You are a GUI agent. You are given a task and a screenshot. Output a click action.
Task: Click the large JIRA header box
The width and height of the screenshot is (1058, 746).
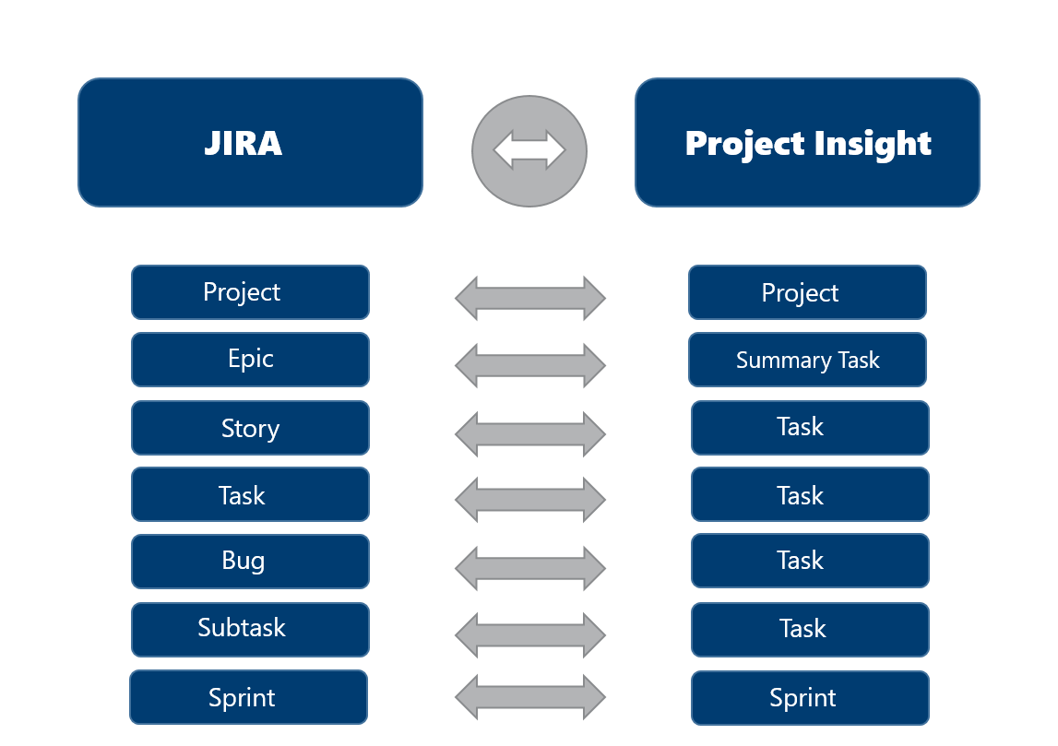point(250,142)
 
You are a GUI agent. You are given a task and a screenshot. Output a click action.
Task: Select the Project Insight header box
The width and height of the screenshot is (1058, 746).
point(807,142)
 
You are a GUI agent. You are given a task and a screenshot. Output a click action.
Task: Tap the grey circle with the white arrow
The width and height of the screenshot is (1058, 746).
point(529,150)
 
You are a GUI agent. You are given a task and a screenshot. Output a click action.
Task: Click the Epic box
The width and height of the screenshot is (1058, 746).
point(250,360)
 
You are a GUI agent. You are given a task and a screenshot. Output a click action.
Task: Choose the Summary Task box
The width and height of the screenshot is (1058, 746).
point(807,360)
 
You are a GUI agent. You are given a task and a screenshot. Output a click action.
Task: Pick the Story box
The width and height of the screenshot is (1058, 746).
point(250,428)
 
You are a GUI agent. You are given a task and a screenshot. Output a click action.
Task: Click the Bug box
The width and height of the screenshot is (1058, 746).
point(250,562)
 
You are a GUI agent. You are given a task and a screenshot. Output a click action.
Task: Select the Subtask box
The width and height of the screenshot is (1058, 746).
point(250,630)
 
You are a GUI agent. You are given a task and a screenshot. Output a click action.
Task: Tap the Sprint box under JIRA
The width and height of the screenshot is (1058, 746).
point(248,697)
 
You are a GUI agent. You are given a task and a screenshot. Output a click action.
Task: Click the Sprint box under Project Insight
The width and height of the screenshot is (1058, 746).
point(810,698)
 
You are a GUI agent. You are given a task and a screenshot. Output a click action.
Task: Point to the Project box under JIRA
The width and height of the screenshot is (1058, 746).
point(250,292)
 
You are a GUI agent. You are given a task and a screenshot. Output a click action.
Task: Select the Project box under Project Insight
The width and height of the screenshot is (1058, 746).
point(807,292)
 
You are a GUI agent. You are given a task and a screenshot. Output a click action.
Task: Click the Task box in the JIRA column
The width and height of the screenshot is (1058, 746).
point(250,494)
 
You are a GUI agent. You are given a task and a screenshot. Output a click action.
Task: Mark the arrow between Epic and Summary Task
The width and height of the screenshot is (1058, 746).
point(530,366)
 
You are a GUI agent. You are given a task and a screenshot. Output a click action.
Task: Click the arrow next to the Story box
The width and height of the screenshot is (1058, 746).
point(530,433)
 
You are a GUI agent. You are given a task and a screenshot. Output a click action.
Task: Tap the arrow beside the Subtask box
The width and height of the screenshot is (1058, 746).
point(530,635)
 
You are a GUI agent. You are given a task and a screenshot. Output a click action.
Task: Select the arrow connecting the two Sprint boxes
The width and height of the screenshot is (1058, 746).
point(530,696)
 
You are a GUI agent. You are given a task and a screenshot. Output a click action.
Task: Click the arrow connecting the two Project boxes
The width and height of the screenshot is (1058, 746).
point(530,298)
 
